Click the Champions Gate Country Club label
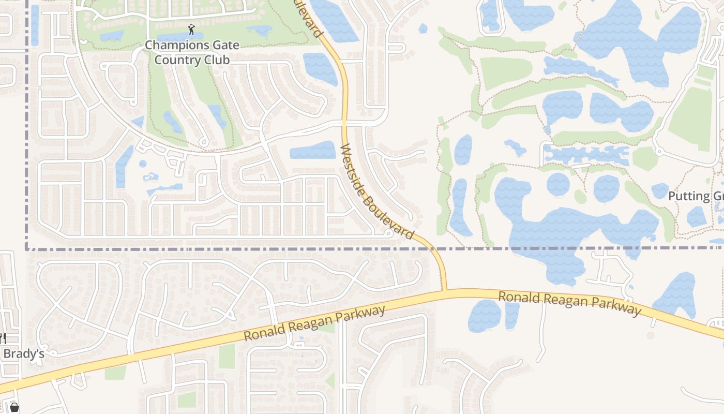192,52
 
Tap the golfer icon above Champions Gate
192,29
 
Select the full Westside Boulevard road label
377,191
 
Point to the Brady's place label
24,354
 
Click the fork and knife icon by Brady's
3,339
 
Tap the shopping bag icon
14,407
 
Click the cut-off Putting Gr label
696,196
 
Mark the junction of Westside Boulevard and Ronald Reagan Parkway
445,291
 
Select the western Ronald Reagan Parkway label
315,323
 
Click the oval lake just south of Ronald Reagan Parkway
485,316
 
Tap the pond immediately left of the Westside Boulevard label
313,150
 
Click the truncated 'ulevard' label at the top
308,18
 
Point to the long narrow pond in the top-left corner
35,25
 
